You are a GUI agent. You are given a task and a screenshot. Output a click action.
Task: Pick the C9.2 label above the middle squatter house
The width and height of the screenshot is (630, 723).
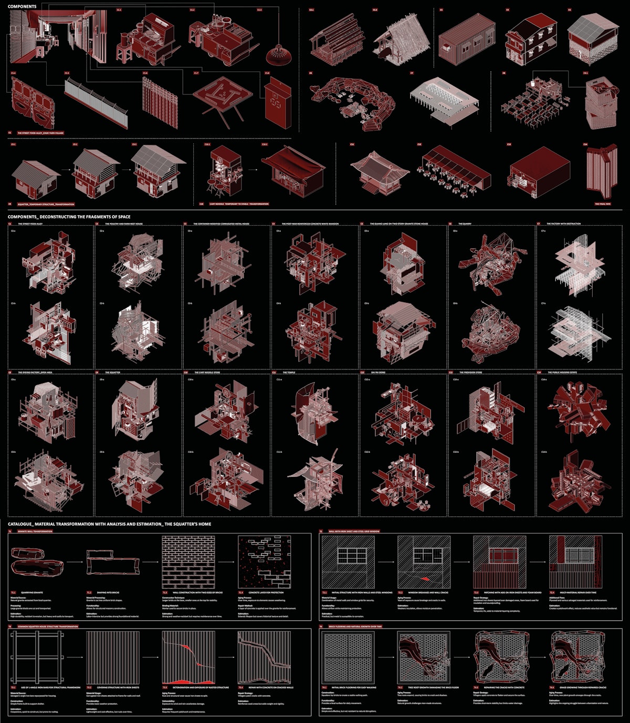click(75, 144)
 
